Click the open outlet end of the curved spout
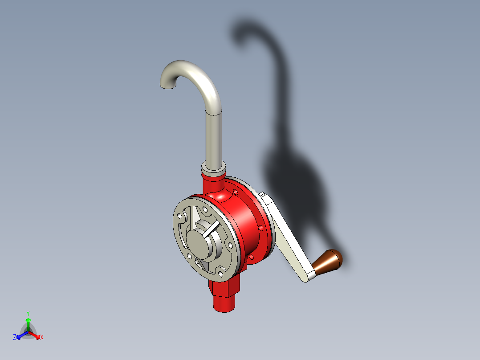point(168,86)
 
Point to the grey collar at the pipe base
point(213,168)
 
